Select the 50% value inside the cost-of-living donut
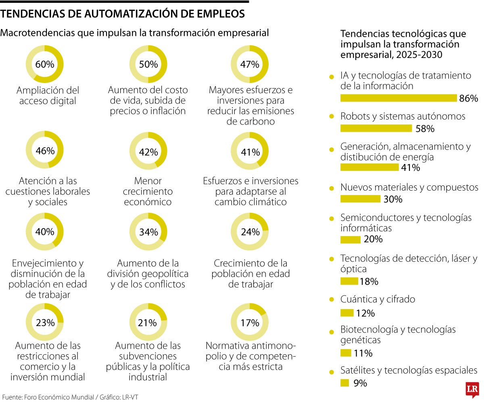pyautogui.click(x=148, y=64)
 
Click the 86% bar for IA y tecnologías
pyautogui.click(x=398, y=98)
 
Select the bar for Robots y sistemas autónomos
pyautogui.click(x=376, y=129)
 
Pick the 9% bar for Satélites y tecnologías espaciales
pyautogui.click(x=344, y=383)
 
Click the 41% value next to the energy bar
pyautogui.click(x=410, y=168)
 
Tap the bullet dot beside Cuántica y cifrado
pyautogui.click(x=332, y=299)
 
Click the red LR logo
pyautogui.click(x=471, y=389)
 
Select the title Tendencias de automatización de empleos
pyautogui.click(x=123, y=14)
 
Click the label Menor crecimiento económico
pyautogui.click(x=148, y=191)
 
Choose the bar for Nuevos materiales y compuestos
pyautogui.click(x=360, y=199)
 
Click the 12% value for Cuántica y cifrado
pyautogui.click(x=365, y=313)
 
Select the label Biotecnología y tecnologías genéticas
pyautogui.click(x=397, y=334)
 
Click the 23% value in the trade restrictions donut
pyautogui.click(x=45, y=323)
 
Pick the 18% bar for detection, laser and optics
pyautogui.click(x=349, y=281)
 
